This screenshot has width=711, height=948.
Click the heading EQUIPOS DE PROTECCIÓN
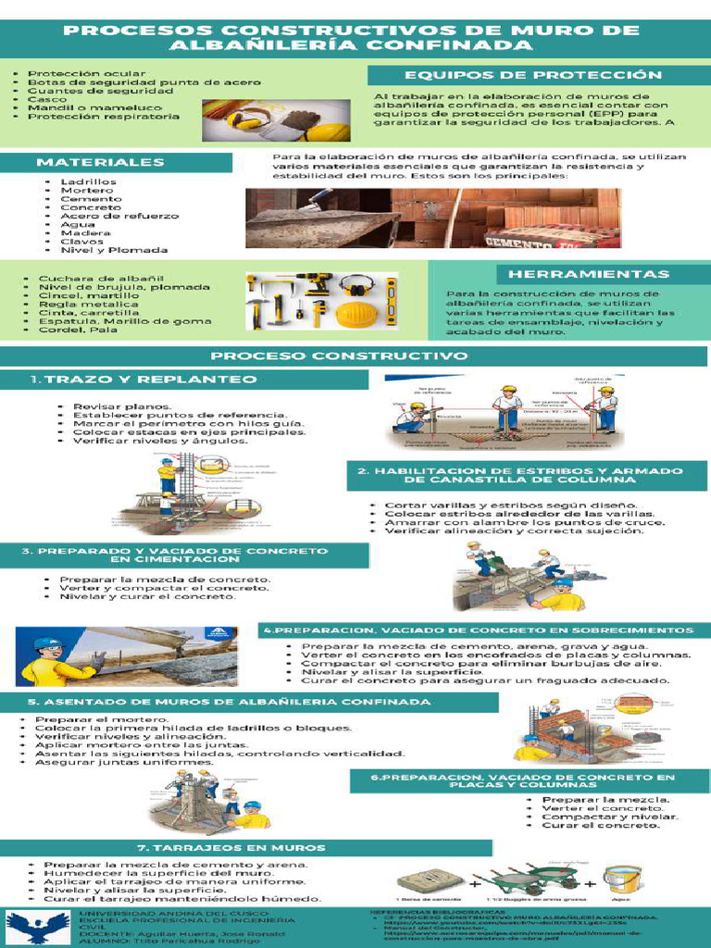coord(532,75)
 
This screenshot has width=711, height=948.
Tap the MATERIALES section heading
coord(100,162)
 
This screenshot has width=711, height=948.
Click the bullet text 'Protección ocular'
coord(86,73)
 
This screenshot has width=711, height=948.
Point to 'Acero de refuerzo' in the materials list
coord(119,216)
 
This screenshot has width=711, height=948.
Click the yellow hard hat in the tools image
coord(355,315)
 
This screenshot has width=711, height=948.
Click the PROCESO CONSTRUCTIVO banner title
coord(338,355)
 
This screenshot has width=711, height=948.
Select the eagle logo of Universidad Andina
coord(38,926)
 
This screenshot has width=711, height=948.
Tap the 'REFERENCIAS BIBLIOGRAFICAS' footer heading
coord(435,911)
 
